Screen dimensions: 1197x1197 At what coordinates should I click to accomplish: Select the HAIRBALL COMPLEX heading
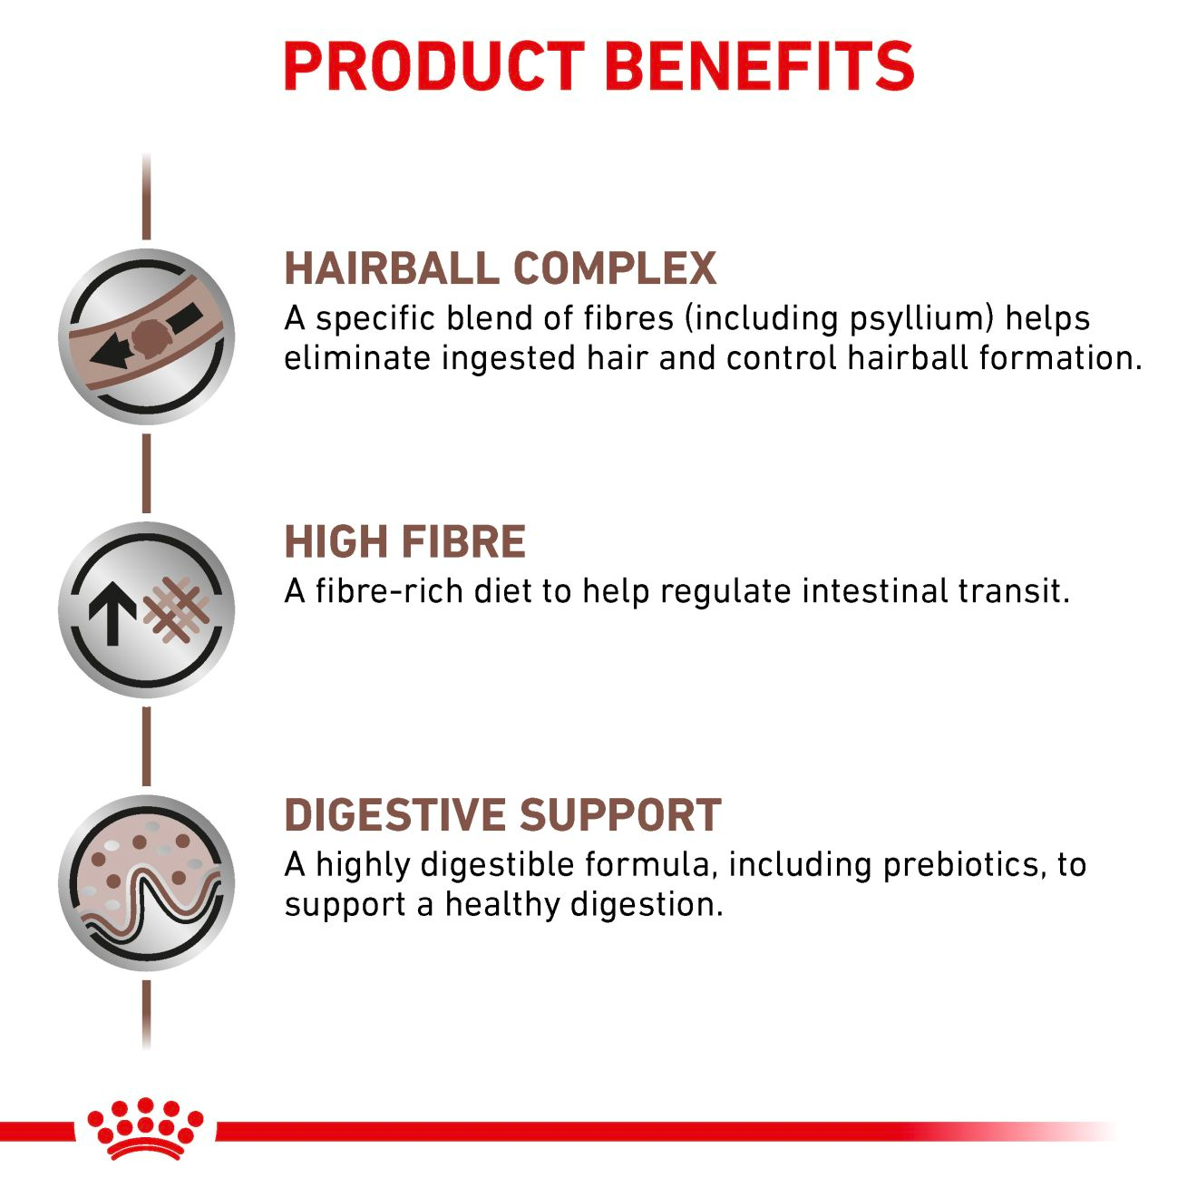click(x=500, y=268)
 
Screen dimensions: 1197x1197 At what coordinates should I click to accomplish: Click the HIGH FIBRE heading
click(x=404, y=542)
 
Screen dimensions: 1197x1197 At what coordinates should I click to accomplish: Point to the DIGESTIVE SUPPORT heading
click(x=502, y=815)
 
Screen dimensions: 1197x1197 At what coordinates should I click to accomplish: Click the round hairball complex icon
click(x=147, y=336)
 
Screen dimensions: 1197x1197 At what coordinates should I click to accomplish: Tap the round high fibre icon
click(x=147, y=609)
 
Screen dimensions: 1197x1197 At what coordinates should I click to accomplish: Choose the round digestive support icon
click(x=147, y=883)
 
